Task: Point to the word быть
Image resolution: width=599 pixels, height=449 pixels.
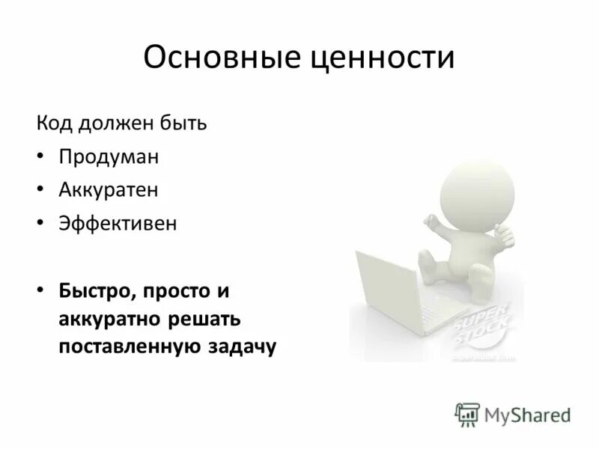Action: click(x=185, y=123)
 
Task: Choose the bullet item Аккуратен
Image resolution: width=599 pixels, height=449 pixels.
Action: click(x=109, y=189)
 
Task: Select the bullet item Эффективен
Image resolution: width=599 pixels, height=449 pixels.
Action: click(x=118, y=223)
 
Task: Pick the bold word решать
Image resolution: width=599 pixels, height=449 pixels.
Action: click(x=204, y=318)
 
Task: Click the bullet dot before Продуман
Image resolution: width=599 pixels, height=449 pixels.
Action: click(x=42, y=157)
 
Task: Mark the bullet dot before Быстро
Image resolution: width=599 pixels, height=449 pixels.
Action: click(x=42, y=290)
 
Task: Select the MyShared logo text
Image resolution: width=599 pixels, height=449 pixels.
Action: click(x=526, y=414)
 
